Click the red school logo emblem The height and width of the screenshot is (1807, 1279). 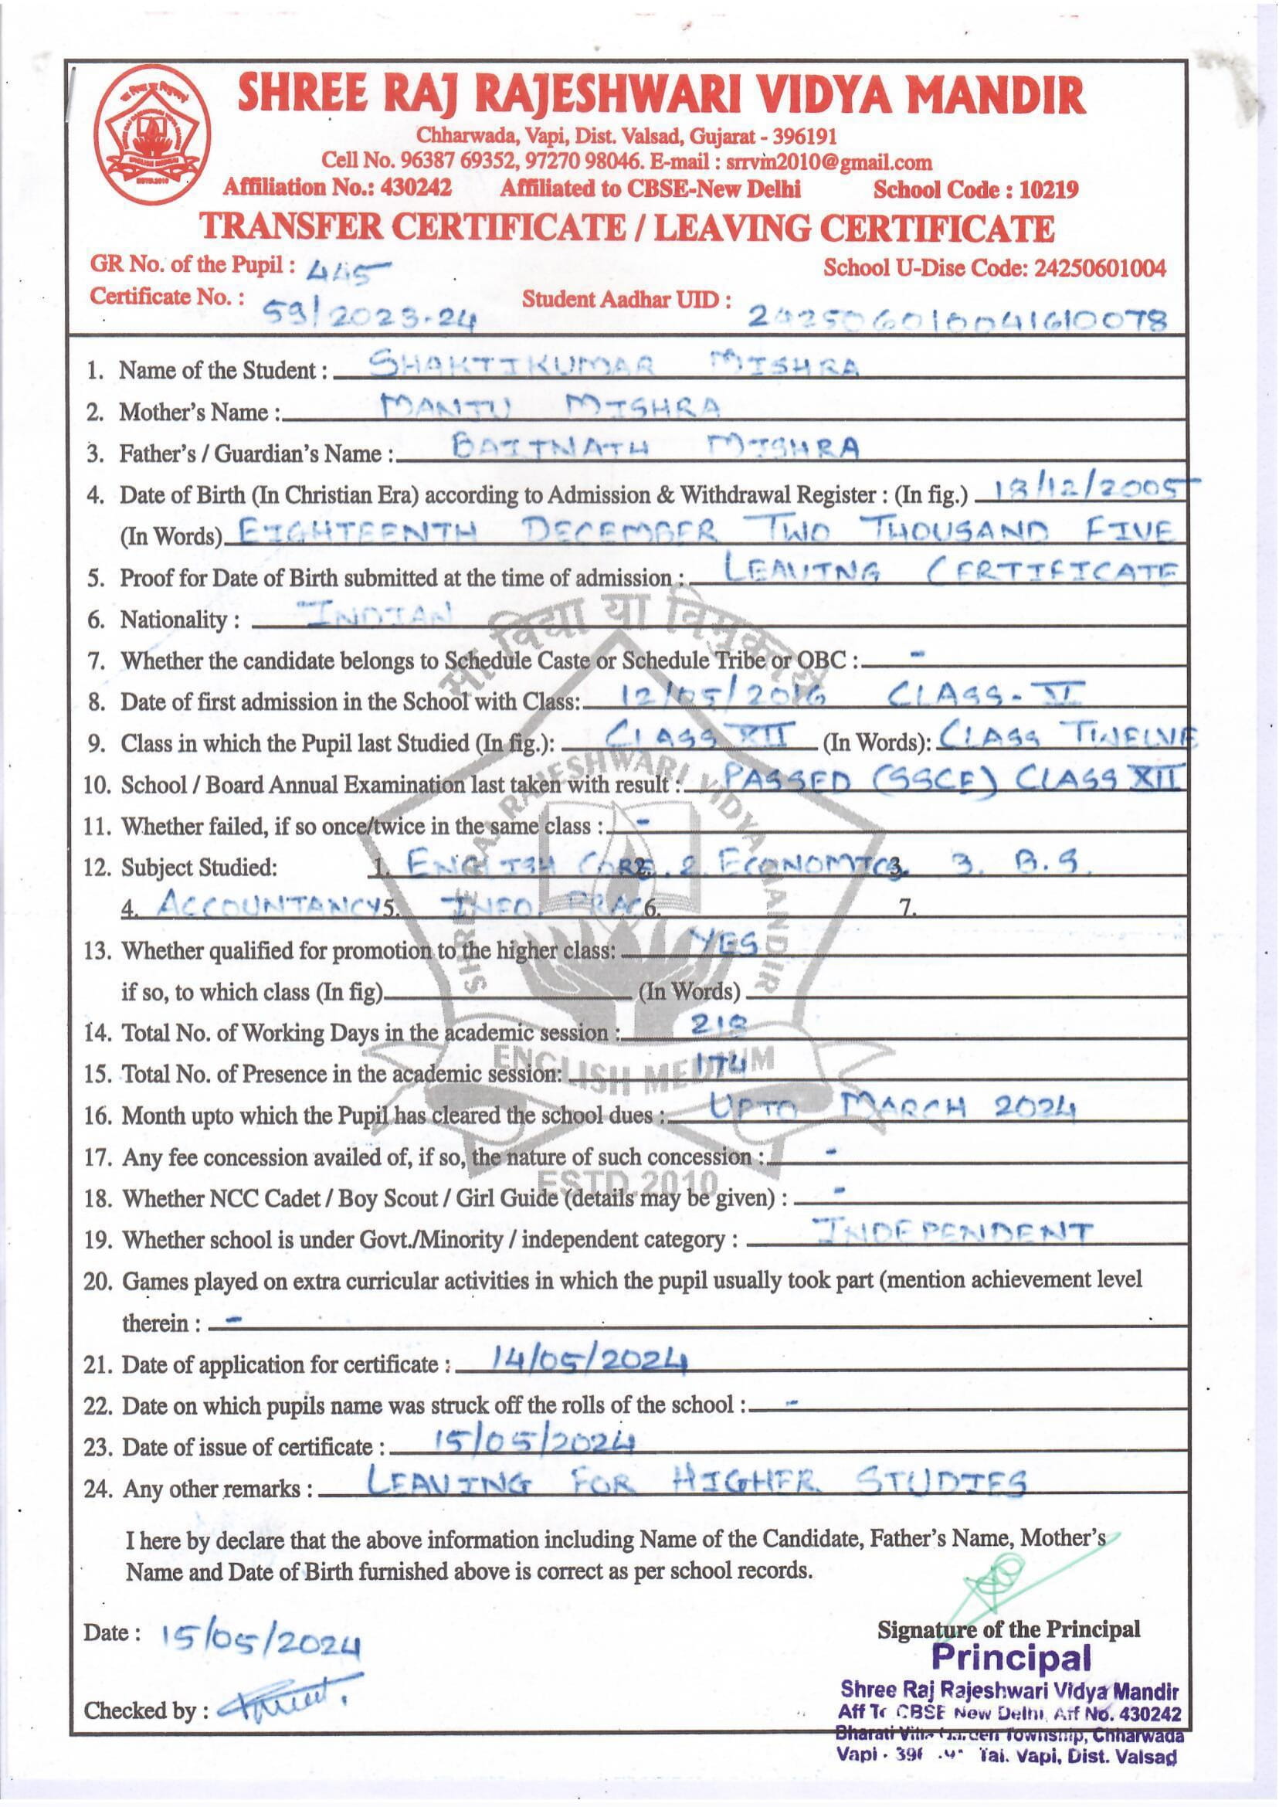150,133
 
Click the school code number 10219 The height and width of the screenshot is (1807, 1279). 1048,190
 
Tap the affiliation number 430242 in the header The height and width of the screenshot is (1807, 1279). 415,189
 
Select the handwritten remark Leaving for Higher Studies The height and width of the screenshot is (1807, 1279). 697,1481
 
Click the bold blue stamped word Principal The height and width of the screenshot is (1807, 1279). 1011,1656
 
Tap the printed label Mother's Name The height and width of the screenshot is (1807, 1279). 196,412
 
